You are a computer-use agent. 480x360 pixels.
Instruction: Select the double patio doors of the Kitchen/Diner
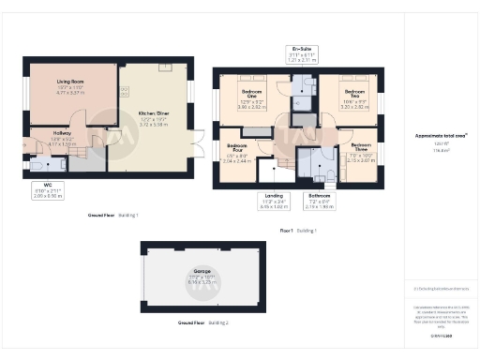pyautogui.click(x=197, y=144)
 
